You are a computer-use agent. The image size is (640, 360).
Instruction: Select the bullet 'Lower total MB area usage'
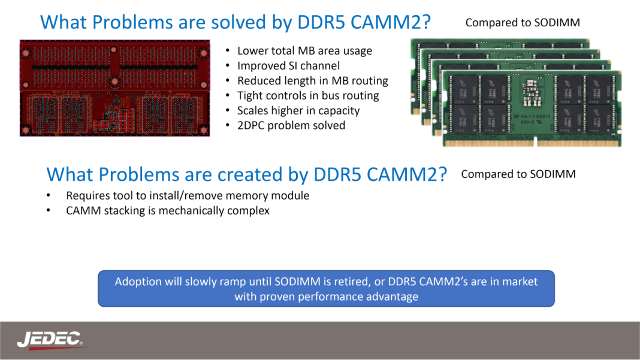[304, 51]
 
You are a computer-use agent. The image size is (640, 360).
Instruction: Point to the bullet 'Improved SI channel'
[288, 66]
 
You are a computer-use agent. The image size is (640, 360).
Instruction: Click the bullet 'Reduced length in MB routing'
[312, 81]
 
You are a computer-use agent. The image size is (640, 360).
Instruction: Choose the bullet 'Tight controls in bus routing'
[308, 96]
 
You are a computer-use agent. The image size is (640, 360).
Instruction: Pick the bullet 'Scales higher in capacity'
[298, 111]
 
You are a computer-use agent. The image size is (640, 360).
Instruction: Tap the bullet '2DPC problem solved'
[291, 126]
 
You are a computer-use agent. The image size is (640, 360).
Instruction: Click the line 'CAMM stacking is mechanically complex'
[168, 211]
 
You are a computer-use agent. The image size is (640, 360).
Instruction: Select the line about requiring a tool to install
[188, 196]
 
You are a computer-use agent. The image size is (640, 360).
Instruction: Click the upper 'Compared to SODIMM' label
[523, 23]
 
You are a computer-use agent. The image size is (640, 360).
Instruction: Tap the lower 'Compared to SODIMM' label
[518, 174]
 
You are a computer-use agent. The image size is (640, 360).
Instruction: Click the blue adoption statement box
[326, 289]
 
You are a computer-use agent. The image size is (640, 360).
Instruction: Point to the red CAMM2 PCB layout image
[114, 88]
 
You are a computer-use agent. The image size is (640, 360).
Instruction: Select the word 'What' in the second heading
[70, 174]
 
